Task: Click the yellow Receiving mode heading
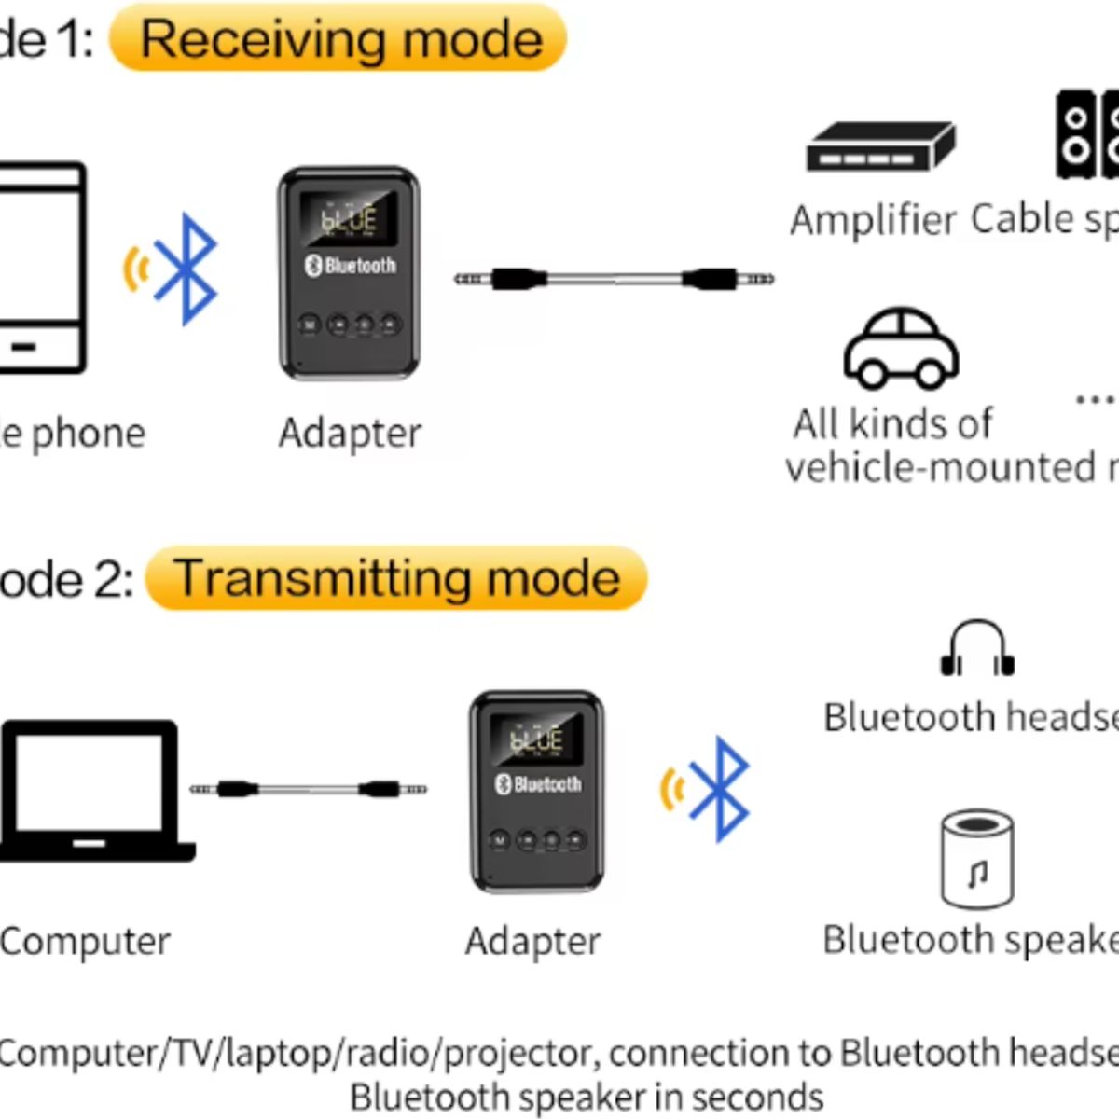[x=338, y=39]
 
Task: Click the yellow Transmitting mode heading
[x=396, y=578]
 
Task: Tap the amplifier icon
[x=880, y=147]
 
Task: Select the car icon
[x=901, y=349]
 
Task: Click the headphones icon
[x=976, y=648]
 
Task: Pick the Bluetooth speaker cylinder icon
[x=976, y=859]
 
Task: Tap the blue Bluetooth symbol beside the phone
[x=186, y=269]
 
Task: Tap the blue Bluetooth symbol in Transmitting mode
[x=719, y=789]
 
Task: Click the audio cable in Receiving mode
[x=614, y=279]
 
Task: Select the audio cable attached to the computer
[x=309, y=789]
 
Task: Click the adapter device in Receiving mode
[x=349, y=273]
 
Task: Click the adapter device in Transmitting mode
[x=537, y=791]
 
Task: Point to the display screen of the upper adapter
[x=348, y=218]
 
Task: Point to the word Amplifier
[x=873, y=221]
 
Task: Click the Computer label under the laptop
[x=86, y=942]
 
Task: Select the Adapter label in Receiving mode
[x=350, y=434]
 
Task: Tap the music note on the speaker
[x=977, y=875]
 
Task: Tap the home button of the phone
[x=23, y=348]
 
